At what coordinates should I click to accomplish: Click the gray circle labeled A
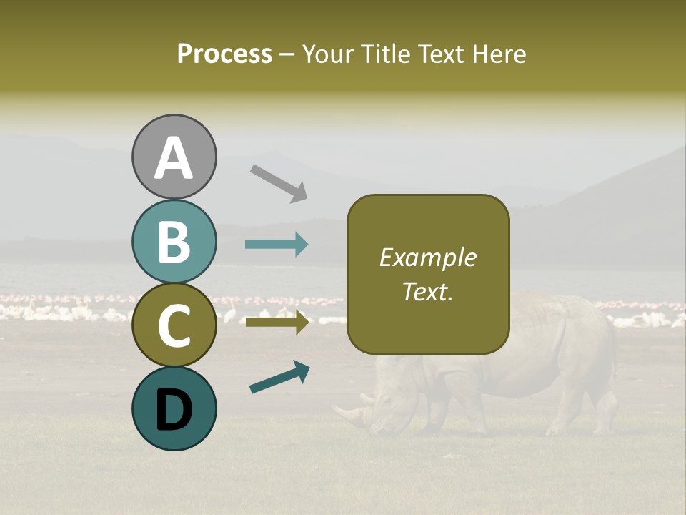(x=174, y=157)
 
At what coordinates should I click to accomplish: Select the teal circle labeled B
(x=174, y=242)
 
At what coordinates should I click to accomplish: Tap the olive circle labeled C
(x=174, y=325)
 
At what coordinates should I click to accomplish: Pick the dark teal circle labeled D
(x=174, y=408)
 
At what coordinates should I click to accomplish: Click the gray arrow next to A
(x=279, y=182)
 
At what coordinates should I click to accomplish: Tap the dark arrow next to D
(x=279, y=378)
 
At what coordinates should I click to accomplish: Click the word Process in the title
(x=224, y=54)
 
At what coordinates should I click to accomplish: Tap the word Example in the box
(x=427, y=258)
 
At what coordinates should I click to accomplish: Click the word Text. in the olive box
(x=427, y=292)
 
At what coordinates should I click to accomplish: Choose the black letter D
(x=174, y=410)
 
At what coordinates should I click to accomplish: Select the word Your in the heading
(x=327, y=54)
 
